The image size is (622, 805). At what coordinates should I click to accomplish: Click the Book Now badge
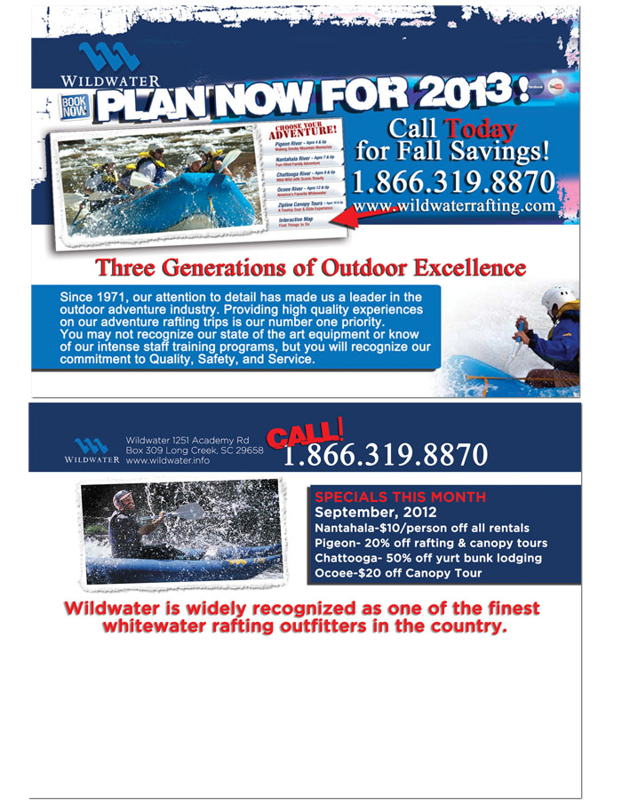click(x=74, y=108)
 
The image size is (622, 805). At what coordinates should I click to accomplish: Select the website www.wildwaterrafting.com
click(x=454, y=206)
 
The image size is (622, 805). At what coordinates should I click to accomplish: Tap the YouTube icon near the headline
click(x=557, y=88)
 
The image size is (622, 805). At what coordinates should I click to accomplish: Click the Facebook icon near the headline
click(x=536, y=88)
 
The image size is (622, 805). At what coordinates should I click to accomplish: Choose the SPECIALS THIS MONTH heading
click(x=401, y=497)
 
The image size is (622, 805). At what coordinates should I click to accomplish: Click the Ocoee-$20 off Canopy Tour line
click(x=398, y=573)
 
